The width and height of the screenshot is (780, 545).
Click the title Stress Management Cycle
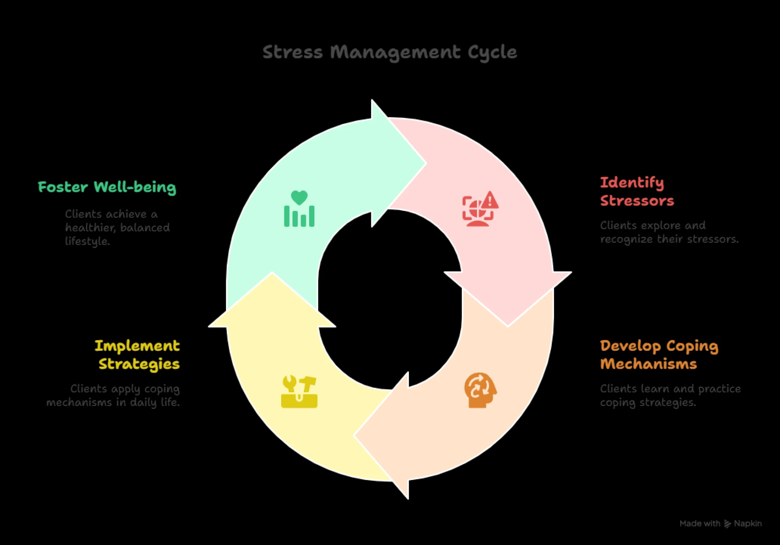(390, 52)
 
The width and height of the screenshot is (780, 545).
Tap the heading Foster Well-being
(107, 187)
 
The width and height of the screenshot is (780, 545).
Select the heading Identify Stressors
(637, 191)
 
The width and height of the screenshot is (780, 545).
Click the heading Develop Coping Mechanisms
(659, 355)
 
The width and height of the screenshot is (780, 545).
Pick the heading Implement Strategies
(137, 355)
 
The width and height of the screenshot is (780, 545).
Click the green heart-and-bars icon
(299, 209)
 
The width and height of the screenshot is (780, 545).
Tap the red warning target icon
(480, 209)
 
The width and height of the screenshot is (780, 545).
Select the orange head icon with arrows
(480, 390)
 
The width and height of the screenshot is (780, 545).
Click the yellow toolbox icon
(299, 392)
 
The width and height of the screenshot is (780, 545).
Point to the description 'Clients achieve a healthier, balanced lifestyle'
(117, 228)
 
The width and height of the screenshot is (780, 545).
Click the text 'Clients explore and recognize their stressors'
(669, 232)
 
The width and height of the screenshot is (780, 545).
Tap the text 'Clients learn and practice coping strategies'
(670, 395)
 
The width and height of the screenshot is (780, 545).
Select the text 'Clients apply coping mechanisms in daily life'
(113, 395)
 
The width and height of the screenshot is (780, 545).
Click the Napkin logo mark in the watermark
(727, 524)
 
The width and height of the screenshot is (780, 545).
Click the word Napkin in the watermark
(747, 523)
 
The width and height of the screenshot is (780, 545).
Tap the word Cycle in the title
(492, 52)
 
